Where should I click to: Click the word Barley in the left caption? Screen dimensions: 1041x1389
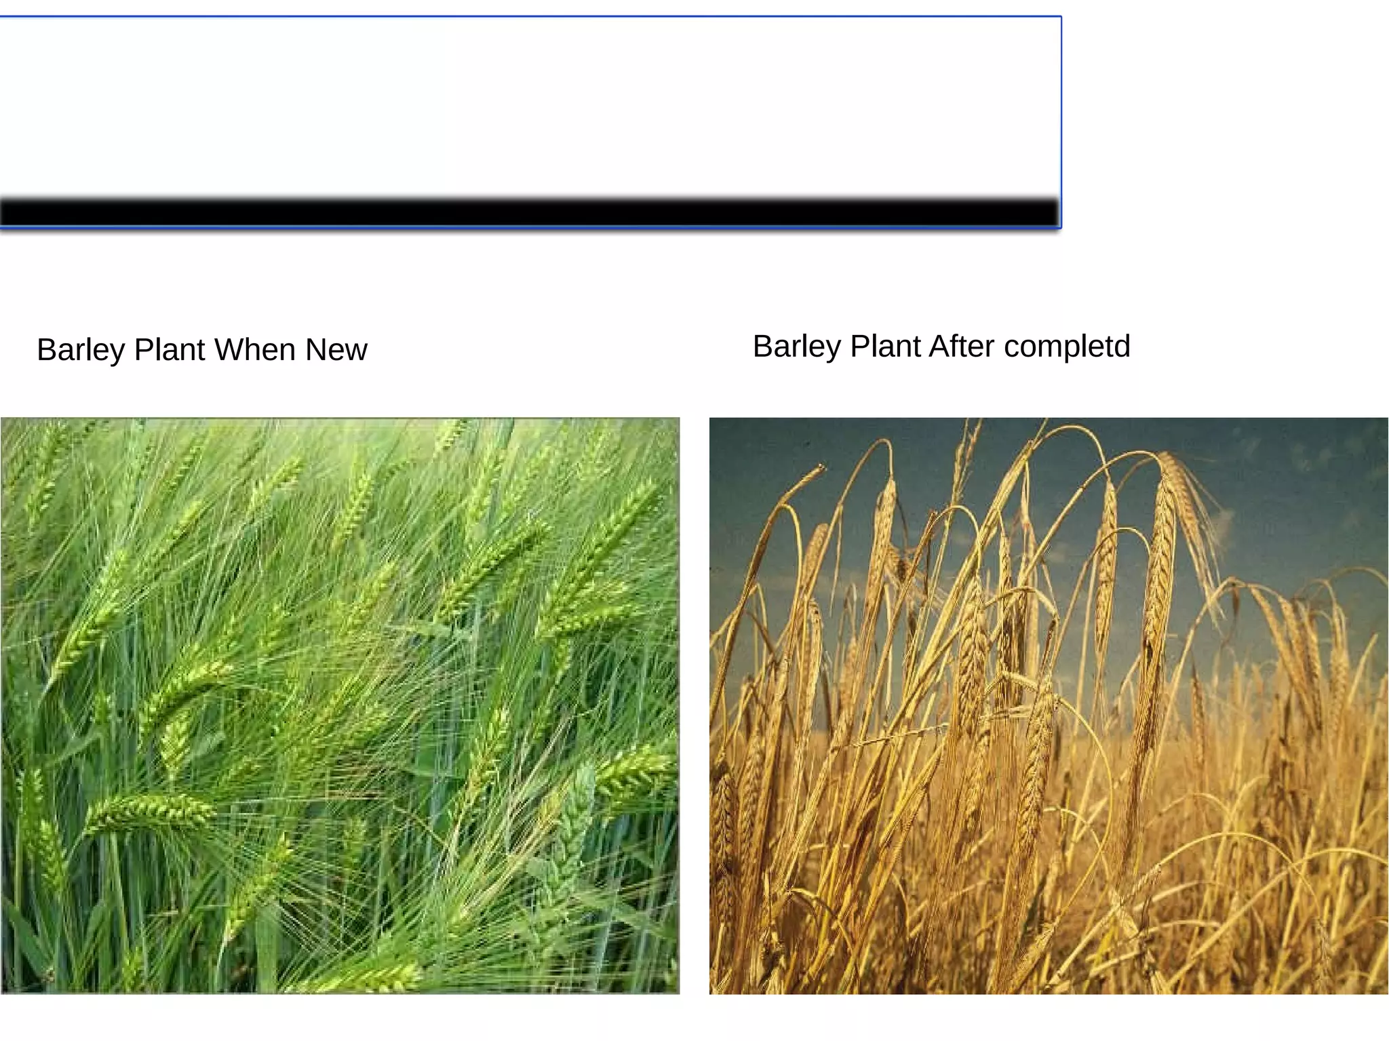click(81, 351)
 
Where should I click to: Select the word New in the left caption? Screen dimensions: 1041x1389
click(336, 350)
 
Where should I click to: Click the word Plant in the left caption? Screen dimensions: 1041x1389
click(170, 350)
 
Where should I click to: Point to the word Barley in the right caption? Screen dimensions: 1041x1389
click(797, 347)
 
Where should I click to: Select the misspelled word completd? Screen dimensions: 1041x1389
click(1067, 347)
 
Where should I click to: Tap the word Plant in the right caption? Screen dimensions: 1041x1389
click(886, 347)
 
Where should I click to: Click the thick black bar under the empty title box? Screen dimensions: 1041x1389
click(529, 212)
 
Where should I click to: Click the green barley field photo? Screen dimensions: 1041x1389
click(339, 705)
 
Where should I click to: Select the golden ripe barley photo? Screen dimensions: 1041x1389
click(1049, 705)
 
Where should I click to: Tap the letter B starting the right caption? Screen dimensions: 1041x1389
click(763, 347)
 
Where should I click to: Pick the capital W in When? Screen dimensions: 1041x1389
click(230, 350)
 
